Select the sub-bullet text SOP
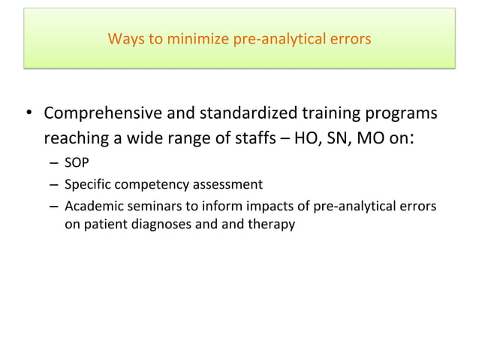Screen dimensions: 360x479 [77, 163]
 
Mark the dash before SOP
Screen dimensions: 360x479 [55, 164]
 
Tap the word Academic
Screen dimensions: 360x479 [90, 204]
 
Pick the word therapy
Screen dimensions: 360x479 [274, 224]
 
